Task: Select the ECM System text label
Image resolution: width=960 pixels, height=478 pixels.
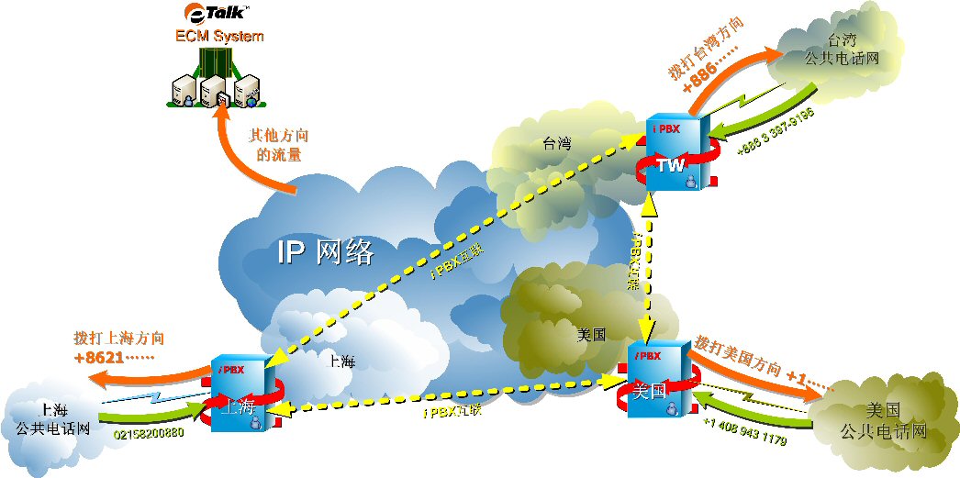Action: pyautogui.click(x=219, y=37)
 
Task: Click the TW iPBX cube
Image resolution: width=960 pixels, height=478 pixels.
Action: pyautogui.click(x=675, y=154)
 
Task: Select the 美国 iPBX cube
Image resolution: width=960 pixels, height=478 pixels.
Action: pyautogui.click(x=656, y=380)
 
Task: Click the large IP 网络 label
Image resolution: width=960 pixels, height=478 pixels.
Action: pyautogui.click(x=326, y=251)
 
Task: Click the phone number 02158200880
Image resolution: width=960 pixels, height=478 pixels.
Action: pyautogui.click(x=149, y=431)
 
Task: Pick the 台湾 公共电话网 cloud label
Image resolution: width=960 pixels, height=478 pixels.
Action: pyautogui.click(x=841, y=50)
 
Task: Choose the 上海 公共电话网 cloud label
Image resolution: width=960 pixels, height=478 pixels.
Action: pyautogui.click(x=52, y=419)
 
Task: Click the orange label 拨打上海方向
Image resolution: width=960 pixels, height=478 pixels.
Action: pyautogui.click(x=119, y=338)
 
